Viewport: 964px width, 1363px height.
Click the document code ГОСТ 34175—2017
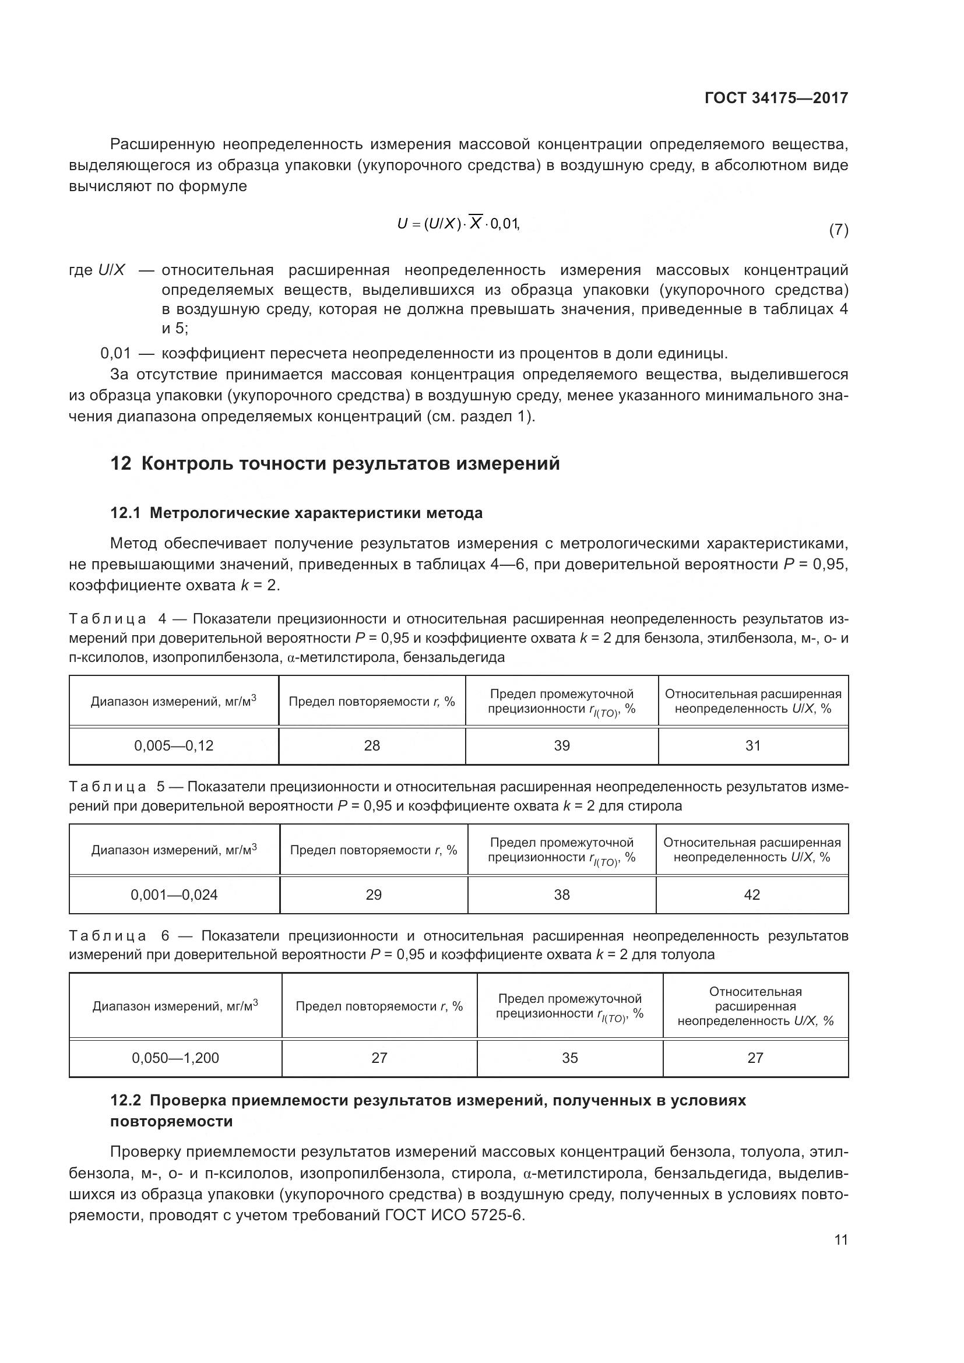coord(776,98)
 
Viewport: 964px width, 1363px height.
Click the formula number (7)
coord(838,230)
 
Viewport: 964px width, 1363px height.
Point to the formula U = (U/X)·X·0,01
coord(458,224)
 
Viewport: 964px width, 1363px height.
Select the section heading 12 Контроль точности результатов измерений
coord(335,463)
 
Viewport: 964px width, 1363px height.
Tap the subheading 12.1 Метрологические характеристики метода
coord(296,513)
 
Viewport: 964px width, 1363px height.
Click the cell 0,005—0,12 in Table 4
coord(173,746)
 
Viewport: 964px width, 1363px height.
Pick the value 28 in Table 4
coord(372,746)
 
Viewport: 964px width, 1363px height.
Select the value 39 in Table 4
coord(561,746)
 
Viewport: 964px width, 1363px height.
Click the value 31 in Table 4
coord(752,746)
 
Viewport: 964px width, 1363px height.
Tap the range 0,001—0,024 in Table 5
coord(174,894)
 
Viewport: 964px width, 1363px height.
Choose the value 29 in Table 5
coord(374,894)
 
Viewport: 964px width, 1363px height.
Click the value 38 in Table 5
coord(561,894)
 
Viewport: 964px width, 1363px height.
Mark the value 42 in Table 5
coord(751,894)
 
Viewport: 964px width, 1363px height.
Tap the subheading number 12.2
coord(125,1101)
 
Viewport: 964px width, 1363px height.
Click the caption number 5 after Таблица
coord(161,787)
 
